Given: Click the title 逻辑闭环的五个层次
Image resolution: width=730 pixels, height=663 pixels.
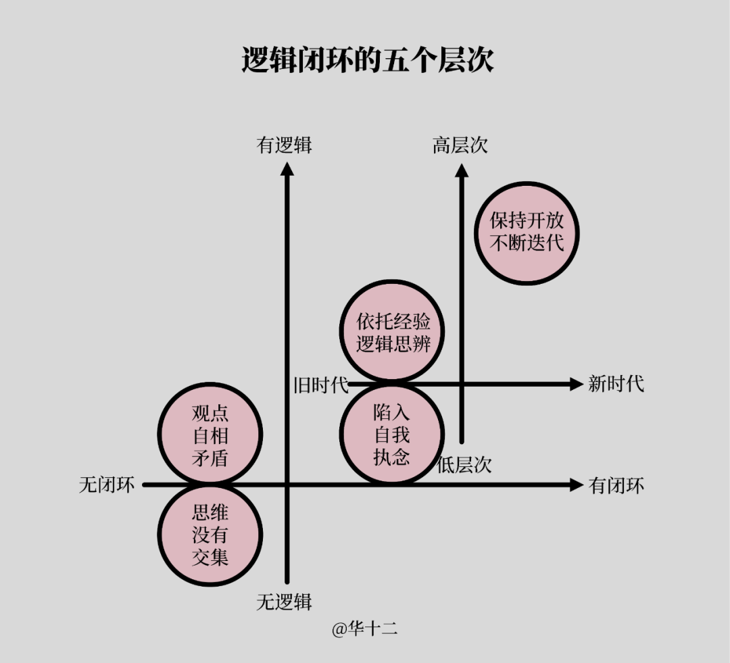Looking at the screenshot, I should point(368,61).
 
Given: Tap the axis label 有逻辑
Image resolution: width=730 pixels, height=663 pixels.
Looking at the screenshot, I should point(284,145).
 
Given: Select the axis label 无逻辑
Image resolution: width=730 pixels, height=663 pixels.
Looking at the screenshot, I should point(284,601).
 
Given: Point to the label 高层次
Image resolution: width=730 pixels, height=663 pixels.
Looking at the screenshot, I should point(460,145).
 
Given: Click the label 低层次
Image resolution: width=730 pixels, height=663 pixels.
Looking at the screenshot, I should point(464,465).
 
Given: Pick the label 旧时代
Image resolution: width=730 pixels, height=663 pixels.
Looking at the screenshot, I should point(321,385).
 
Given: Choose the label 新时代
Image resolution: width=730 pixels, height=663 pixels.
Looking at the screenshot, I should point(616,385).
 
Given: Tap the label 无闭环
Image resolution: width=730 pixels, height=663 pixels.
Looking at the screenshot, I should point(107,485).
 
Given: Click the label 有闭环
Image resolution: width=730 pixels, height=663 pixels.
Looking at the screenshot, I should point(616,485).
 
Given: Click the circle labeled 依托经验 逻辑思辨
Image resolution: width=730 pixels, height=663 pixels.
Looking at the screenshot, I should point(393,331).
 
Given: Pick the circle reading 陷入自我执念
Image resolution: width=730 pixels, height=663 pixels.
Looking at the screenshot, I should point(391,434).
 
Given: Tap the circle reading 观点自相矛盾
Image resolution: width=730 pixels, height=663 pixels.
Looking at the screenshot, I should point(210,435).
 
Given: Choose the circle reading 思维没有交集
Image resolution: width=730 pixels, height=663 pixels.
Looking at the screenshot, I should point(210,535).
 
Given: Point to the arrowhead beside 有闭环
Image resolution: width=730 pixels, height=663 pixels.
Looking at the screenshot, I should point(576,485).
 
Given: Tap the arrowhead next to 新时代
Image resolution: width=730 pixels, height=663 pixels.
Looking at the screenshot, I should point(576,384).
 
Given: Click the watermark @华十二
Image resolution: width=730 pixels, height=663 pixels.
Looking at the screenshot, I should point(364,629).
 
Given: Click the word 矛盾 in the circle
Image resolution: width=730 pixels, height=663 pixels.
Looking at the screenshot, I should point(210,458).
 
